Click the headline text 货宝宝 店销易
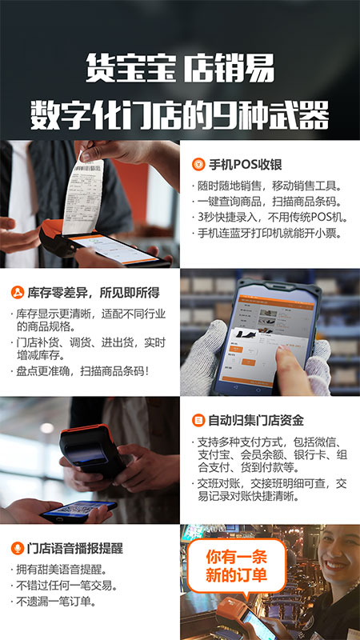tap(179, 67)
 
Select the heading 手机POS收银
tap(246, 165)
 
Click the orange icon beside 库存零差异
tap(17, 292)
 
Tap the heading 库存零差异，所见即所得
tap(92, 292)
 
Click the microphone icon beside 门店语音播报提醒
tap(17, 548)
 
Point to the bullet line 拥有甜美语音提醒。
tap(61, 570)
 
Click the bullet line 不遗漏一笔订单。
tap(56, 602)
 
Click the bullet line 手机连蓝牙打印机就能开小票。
tap(270, 233)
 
